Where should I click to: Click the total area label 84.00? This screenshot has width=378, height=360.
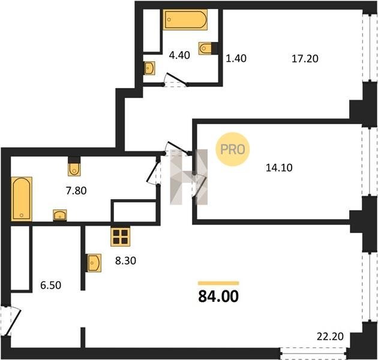pyautogui.click(x=218, y=296)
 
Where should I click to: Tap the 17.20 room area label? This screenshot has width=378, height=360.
pyautogui.click(x=305, y=59)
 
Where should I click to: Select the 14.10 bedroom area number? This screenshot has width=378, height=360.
pyautogui.click(x=279, y=167)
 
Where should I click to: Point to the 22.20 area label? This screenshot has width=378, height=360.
pyautogui.click(x=330, y=337)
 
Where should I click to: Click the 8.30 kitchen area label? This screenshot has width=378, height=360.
pyautogui.click(x=125, y=260)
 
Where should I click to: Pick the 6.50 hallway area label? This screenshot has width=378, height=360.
pyautogui.click(x=50, y=285)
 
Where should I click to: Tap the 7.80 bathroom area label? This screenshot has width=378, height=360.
pyautogui.click(x=76, y=191)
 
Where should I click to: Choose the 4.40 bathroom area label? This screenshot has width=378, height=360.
pyautogui.click(x=179, y=55)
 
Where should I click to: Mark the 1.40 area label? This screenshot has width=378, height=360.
pyautogui.click(x=236, y=59)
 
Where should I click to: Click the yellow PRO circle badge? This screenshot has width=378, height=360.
pyautogui.click(x=233, y=149)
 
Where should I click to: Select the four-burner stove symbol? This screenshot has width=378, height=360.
pyautogui.click(x=120, y=236)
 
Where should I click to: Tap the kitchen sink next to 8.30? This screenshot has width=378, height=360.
pyautogui.click(x=94, y=263)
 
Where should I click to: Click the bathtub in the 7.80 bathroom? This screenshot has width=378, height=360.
pyautogui.click(x=22, y=199)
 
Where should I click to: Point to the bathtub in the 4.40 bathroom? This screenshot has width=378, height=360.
pyautogui.click(x=185, y=20)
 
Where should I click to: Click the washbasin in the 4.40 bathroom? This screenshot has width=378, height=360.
pyautogui.click(x=149, y=68)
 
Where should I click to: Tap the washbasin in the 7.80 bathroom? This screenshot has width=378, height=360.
pyautogui.click(x=60, y=215)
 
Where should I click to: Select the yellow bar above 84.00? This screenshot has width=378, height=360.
pyautogui.click(x=218, y=283)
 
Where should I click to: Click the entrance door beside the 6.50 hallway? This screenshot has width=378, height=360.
pyautogui.click(x=11, y=320)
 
